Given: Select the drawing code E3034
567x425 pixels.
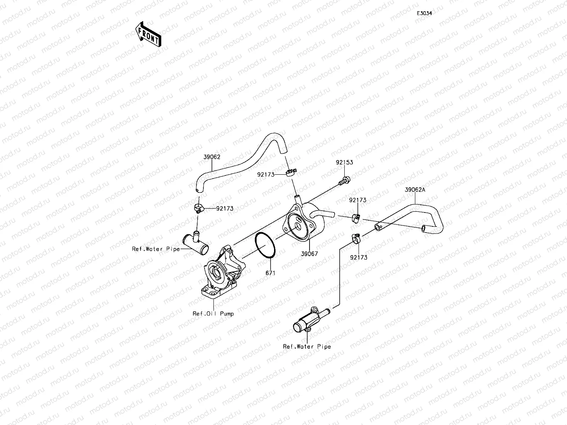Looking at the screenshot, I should [424, 13].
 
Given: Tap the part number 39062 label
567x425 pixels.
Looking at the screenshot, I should [212, 157].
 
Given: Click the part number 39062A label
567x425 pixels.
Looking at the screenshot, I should [415, 190].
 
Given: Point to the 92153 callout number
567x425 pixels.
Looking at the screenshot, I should [344, 162].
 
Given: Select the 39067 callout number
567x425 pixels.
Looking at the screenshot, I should [310, 254].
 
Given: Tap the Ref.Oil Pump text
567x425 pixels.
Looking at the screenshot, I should [213, 314].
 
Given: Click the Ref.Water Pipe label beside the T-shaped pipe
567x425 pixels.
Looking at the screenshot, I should [156, 249].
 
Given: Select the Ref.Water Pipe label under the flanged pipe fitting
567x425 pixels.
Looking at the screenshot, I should [307, 346].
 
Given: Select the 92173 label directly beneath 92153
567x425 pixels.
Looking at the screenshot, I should [358, 200].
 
